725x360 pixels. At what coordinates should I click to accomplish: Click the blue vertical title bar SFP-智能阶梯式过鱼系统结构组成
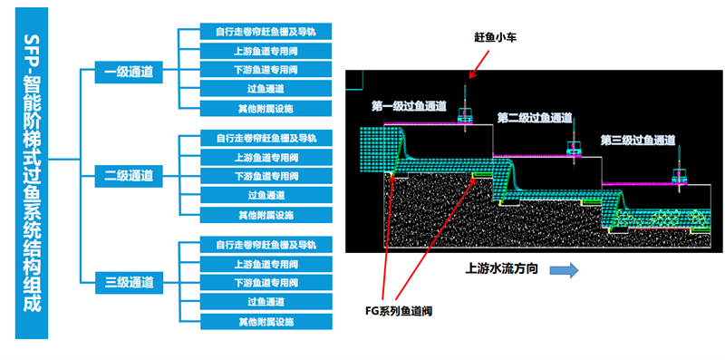coord(32,173)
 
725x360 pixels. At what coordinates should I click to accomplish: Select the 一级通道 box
coord(129,73)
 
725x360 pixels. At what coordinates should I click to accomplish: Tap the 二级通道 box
coord(129,176)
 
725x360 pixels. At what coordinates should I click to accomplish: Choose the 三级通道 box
coord(129,282)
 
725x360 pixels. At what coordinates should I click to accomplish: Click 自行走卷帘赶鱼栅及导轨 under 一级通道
coord(266,32)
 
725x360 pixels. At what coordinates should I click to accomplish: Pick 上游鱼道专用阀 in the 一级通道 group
coord(266,51)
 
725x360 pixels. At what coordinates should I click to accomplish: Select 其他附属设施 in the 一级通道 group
coord(266,108)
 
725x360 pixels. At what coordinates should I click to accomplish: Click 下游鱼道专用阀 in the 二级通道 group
coord(266,176)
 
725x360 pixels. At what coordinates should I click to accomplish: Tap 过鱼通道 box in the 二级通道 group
coord(266,195)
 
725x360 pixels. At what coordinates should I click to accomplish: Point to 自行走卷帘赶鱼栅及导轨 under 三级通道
coord(266,244)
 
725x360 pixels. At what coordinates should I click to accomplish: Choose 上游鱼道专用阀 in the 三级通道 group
coord(266,264)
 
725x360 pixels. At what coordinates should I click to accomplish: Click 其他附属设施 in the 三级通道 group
coord(266,322)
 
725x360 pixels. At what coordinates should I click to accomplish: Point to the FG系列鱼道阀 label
coord(399,311)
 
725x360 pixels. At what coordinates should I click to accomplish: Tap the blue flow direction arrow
coord(564,270)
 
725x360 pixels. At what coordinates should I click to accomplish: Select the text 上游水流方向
coord(501,268)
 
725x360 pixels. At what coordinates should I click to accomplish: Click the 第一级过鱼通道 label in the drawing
coord(409,106)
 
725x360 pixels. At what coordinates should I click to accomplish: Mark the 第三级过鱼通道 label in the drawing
coord(638,140)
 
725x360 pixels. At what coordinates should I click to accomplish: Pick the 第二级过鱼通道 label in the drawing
coord(535,118)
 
